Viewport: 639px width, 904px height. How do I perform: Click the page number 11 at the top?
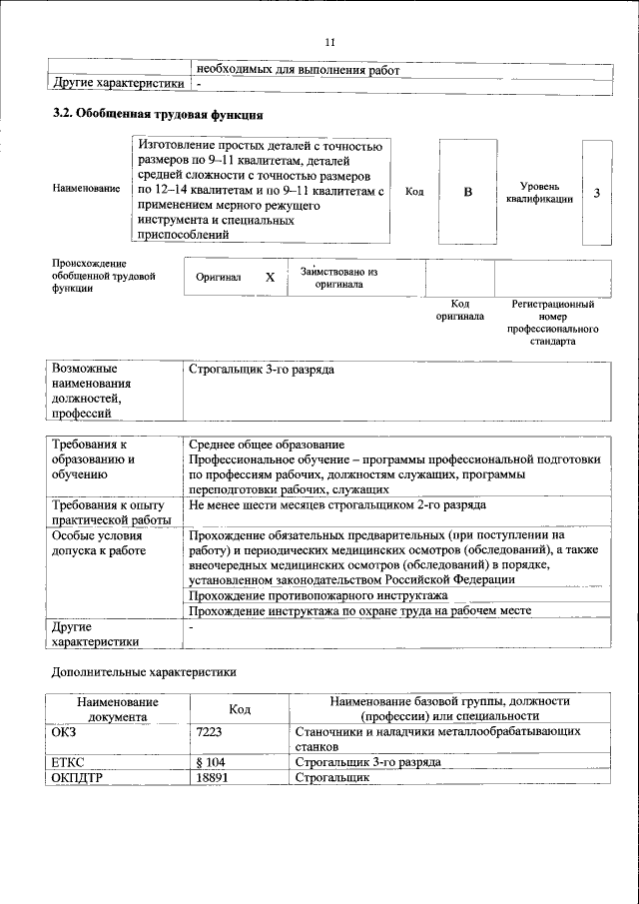pyautogui.click(x=331, y=41)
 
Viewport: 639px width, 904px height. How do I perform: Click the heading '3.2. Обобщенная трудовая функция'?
pyautogui.click(x=157, y=114)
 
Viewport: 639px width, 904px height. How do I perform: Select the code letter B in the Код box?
pyautogui.click(x=466, y=193)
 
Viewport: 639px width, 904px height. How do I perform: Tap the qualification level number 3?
pyautogui.click(x=596, y=193)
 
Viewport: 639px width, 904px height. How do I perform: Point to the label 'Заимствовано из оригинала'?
pyautogui.click(x=338, y=277)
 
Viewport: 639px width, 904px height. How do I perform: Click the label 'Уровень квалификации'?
pyautogui.click(x=539, y=193)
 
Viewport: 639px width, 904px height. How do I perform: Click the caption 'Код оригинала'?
pyautogui.click(x=459, y=310)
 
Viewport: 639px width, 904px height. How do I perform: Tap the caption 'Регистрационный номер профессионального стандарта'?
pyautogui.click(x=552, y=322)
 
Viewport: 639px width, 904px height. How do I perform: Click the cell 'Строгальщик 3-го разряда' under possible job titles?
pyautogui.click(x=261, y=371)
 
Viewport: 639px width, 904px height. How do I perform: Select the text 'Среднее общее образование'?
pyautogui.click(x=267, y=445)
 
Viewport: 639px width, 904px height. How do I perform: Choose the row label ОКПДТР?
pyautogui.click(x=77, y=777)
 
